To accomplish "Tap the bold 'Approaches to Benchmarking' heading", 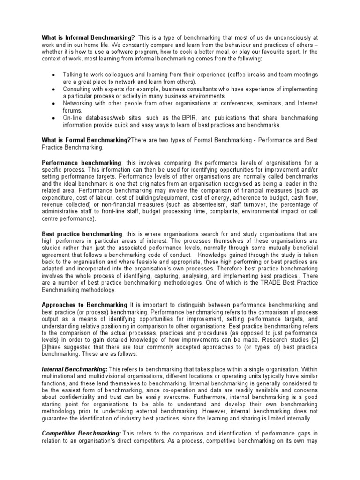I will pyautogui.click(x=84, y=304).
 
